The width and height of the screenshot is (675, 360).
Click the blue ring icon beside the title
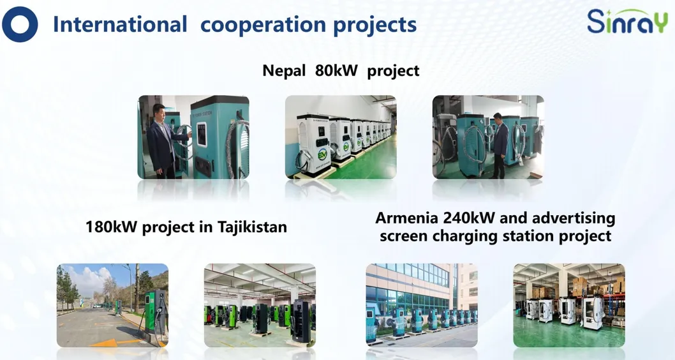point(20,24)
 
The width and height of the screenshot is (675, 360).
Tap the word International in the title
point(119,24)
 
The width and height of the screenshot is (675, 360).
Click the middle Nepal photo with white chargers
point(341,137)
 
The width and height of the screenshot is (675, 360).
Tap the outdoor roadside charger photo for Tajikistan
point(112,305)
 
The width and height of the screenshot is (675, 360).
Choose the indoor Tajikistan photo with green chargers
point(260,305)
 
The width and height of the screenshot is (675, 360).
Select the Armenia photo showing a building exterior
point(422,305)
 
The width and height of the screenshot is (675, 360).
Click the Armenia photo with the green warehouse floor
point(569,305)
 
